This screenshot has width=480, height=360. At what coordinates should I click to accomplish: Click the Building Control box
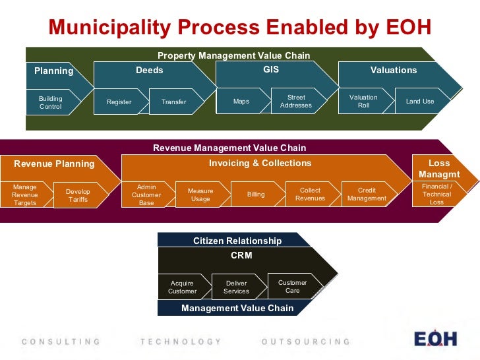[51, 102]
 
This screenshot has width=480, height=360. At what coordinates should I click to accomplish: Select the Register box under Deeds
[119, 102]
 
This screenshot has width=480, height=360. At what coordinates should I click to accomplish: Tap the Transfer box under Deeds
[174, 102]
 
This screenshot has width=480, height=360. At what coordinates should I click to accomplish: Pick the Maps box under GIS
[241, 102]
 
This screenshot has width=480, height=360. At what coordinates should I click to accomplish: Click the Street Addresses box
[296, 102]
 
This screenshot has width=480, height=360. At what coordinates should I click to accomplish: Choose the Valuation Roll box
[363, 102]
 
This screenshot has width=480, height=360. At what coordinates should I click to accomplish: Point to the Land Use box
[420, 102]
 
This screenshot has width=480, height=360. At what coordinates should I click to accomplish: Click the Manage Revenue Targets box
[25, 195]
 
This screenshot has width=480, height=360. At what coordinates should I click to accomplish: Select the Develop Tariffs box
[78, 195]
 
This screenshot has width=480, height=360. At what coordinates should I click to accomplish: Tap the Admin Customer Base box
[146, 195]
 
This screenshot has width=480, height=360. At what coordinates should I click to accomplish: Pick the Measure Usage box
[200, 195]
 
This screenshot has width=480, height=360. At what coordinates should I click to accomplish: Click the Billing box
[256, 195]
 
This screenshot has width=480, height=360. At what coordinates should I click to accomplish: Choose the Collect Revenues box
[310, 195]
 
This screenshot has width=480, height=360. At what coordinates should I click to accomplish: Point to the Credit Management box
[367, 195]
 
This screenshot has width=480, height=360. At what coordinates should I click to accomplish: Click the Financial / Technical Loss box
[437, 195]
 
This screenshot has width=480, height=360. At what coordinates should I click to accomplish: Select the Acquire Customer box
[182, 287]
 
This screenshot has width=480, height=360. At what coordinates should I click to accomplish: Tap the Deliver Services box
[236, 287]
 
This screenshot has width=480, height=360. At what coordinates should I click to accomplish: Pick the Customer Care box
[292, 287]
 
